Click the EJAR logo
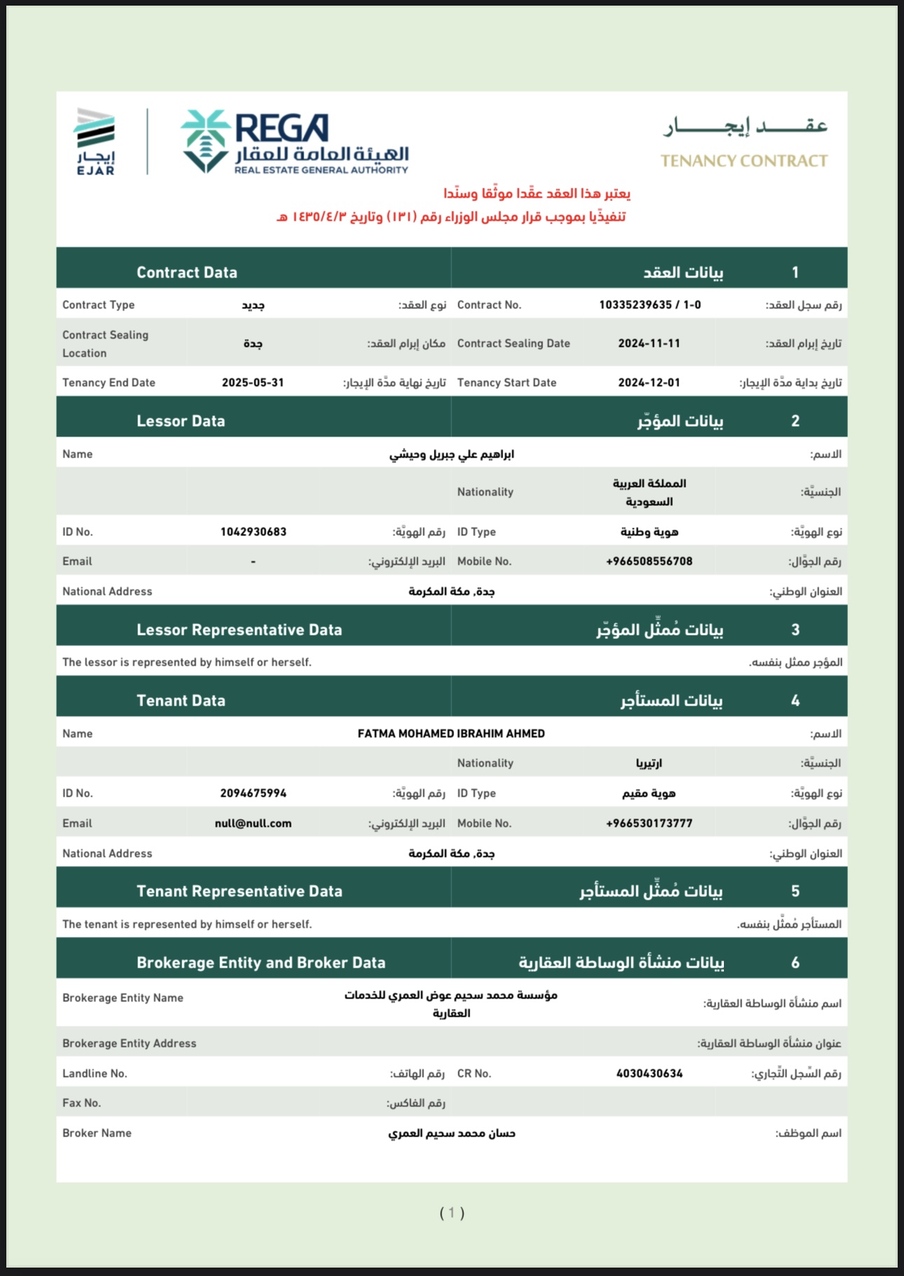click(95, 141)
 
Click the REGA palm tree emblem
click(205, 140)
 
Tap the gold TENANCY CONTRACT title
click(744, 161)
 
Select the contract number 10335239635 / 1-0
click(650, 305)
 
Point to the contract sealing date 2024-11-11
click(649, 343)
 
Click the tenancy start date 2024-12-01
click(649, 383)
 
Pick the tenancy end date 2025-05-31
click(253, 383)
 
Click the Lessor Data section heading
click(181, 421)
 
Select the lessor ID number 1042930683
click(253, 532)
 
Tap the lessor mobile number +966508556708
click(649, 561)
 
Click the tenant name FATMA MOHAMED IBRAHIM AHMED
click(451, 734)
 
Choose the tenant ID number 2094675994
click(253, 793)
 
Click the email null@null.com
click(253, 823)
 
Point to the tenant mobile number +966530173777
click(649, 823)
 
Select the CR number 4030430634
click(649, 1073)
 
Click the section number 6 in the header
click(795, 963)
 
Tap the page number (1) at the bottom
click(452, 1213)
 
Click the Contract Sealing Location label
click(105, 344)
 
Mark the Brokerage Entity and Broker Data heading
click(261, 963)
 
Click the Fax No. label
click(81, 1103)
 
